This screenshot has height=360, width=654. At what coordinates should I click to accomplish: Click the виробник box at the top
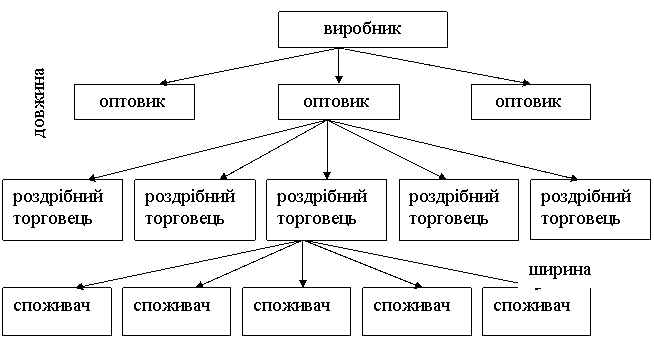pos(363,29)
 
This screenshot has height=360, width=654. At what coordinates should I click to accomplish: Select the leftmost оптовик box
pos(134,102)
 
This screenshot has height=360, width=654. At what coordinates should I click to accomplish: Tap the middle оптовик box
pos(339,102)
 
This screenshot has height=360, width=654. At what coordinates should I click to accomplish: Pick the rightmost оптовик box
pos(531,102)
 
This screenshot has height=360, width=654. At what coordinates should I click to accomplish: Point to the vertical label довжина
pos(40,103)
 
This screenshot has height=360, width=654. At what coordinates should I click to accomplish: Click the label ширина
pos(560,270)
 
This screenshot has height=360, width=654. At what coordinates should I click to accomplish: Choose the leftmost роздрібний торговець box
pos(63,210)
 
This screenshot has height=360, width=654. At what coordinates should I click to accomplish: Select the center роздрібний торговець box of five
pos(327,210)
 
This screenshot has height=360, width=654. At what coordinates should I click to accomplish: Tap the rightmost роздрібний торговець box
pos(590,209)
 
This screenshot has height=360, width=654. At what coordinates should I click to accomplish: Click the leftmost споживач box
pos(57,311)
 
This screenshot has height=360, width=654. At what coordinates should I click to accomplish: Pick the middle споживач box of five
pos(297,311)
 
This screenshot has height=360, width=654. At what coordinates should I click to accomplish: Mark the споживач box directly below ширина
pos(536,311)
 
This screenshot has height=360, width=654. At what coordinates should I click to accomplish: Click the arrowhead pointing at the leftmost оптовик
pos(164,83)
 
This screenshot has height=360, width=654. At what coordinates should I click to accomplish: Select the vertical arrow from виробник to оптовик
pos(339,65)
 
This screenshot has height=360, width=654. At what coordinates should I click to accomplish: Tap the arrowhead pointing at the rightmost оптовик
pos(526,83)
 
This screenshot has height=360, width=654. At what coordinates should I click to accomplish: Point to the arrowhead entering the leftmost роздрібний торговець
pos(92,178)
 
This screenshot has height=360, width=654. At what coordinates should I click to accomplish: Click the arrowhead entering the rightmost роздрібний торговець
pos(574,178)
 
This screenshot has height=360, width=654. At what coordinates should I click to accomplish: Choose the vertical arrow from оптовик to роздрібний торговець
pos(327,149)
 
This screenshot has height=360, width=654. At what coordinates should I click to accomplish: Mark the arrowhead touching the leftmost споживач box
pos(80,286)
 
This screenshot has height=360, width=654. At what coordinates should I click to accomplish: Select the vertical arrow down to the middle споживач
pos(303,264)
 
